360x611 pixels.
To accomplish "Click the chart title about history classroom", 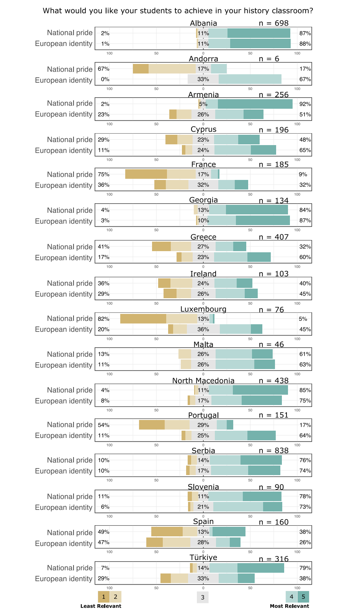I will [178, 11].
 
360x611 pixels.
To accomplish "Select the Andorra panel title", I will [203, 59].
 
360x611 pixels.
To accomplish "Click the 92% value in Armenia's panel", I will [305, 104].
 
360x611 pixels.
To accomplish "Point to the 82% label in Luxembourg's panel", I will [103, 319].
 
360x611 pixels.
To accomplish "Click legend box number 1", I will [104, 597].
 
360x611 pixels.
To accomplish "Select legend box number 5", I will [303, 597].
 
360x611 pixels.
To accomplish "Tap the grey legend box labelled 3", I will [203, 597].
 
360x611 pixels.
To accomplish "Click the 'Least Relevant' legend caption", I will [101, 606].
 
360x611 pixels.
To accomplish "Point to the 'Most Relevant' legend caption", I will [289, 606].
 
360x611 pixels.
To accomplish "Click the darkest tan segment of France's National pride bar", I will [146, 174].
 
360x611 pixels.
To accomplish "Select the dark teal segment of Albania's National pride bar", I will [259, 33].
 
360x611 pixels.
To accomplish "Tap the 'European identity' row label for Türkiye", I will [64, 579].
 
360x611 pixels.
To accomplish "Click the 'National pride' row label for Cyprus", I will [70, 140].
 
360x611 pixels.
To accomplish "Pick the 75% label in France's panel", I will [103, 175].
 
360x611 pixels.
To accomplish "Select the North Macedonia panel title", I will [203, 381].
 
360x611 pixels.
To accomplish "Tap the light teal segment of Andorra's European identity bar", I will [250, 79].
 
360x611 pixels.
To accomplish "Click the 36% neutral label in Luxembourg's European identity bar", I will [203, 329].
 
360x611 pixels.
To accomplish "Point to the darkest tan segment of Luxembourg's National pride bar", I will [143, 319].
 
